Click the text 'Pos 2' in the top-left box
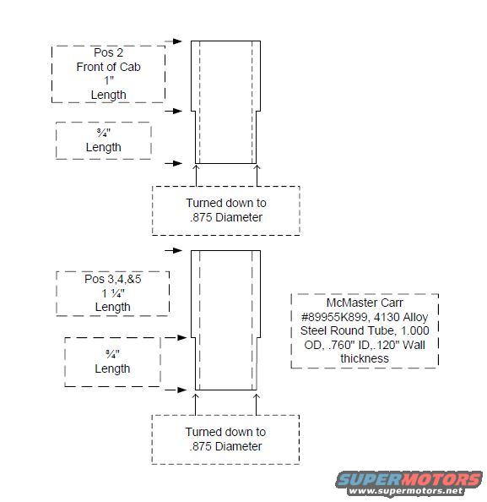tap(108, 52)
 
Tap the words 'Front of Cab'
tap(108, 67)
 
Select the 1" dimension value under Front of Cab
tap(109, 80)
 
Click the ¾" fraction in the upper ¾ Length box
tap(104, 133)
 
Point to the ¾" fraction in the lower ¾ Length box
tap(112, 354)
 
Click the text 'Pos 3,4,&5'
tap(112, 279)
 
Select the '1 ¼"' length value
tap(113, 293)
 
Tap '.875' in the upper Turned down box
tap(201, 217)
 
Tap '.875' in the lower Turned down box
tap(201, 446)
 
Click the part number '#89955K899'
tap(334, 317)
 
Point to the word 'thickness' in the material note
tap(365, 358)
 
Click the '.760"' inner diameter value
tap(340, 345)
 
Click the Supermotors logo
tap(409, 483)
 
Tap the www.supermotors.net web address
tap(406, 490)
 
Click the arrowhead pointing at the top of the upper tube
tap(177, 41)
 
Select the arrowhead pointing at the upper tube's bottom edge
tap(177, 163)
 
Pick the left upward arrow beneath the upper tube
tap(196, 176)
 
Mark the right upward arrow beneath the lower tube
tap(256, 405)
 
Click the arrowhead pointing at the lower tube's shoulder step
tap(182, 337)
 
